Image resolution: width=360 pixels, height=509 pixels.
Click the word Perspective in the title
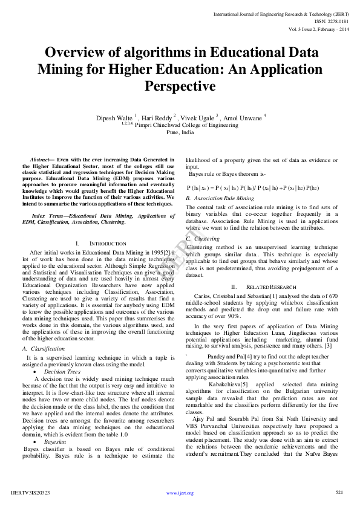(180, 86)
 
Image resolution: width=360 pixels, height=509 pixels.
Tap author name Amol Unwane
(243, 117)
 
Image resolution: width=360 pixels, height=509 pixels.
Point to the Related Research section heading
(274, 287)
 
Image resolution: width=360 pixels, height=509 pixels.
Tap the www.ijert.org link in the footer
(180, 493)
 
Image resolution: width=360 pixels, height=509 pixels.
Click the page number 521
(339, 493)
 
